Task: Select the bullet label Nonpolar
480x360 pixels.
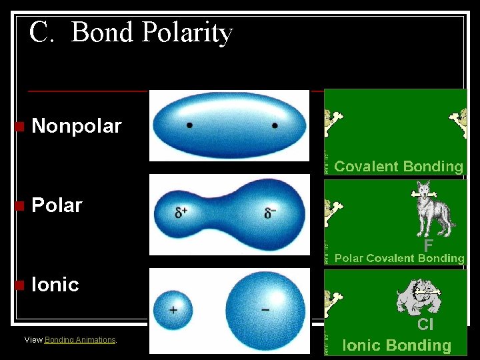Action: [77, 126]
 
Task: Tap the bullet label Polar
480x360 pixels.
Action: [57, 205]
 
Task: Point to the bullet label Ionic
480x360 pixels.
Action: [55, 285]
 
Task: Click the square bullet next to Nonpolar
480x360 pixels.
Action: [19, 127]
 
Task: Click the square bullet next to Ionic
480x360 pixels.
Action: [19, 285]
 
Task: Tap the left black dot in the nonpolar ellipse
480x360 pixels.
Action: [190, 125]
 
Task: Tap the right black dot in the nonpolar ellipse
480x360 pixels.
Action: [275, 125]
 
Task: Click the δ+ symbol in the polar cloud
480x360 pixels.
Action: [181, 213]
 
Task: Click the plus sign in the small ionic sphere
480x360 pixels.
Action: [173, 310]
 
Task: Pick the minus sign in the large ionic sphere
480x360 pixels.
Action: [265, 309]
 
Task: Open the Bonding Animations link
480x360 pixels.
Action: [80, 340]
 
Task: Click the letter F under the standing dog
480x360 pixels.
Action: [428, 245]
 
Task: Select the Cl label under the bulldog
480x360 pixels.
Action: [425, 325]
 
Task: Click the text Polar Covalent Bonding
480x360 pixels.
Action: [399, 258]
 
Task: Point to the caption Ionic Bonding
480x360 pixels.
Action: [397, 345]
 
